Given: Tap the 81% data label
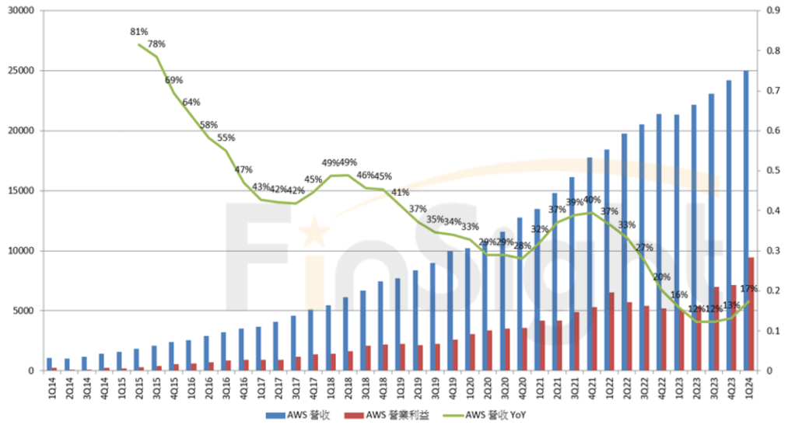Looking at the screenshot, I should click(139, 32).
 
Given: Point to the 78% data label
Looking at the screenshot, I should click(157, 43).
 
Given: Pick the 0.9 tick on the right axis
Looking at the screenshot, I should click(774, 11).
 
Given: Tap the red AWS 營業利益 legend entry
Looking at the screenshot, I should click(392, 415).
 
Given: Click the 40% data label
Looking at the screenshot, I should click(592, 200).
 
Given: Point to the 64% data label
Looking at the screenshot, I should click(191, 102).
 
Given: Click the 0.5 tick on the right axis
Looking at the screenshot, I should click(774, 171).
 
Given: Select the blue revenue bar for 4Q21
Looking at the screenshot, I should click(590, 264).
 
